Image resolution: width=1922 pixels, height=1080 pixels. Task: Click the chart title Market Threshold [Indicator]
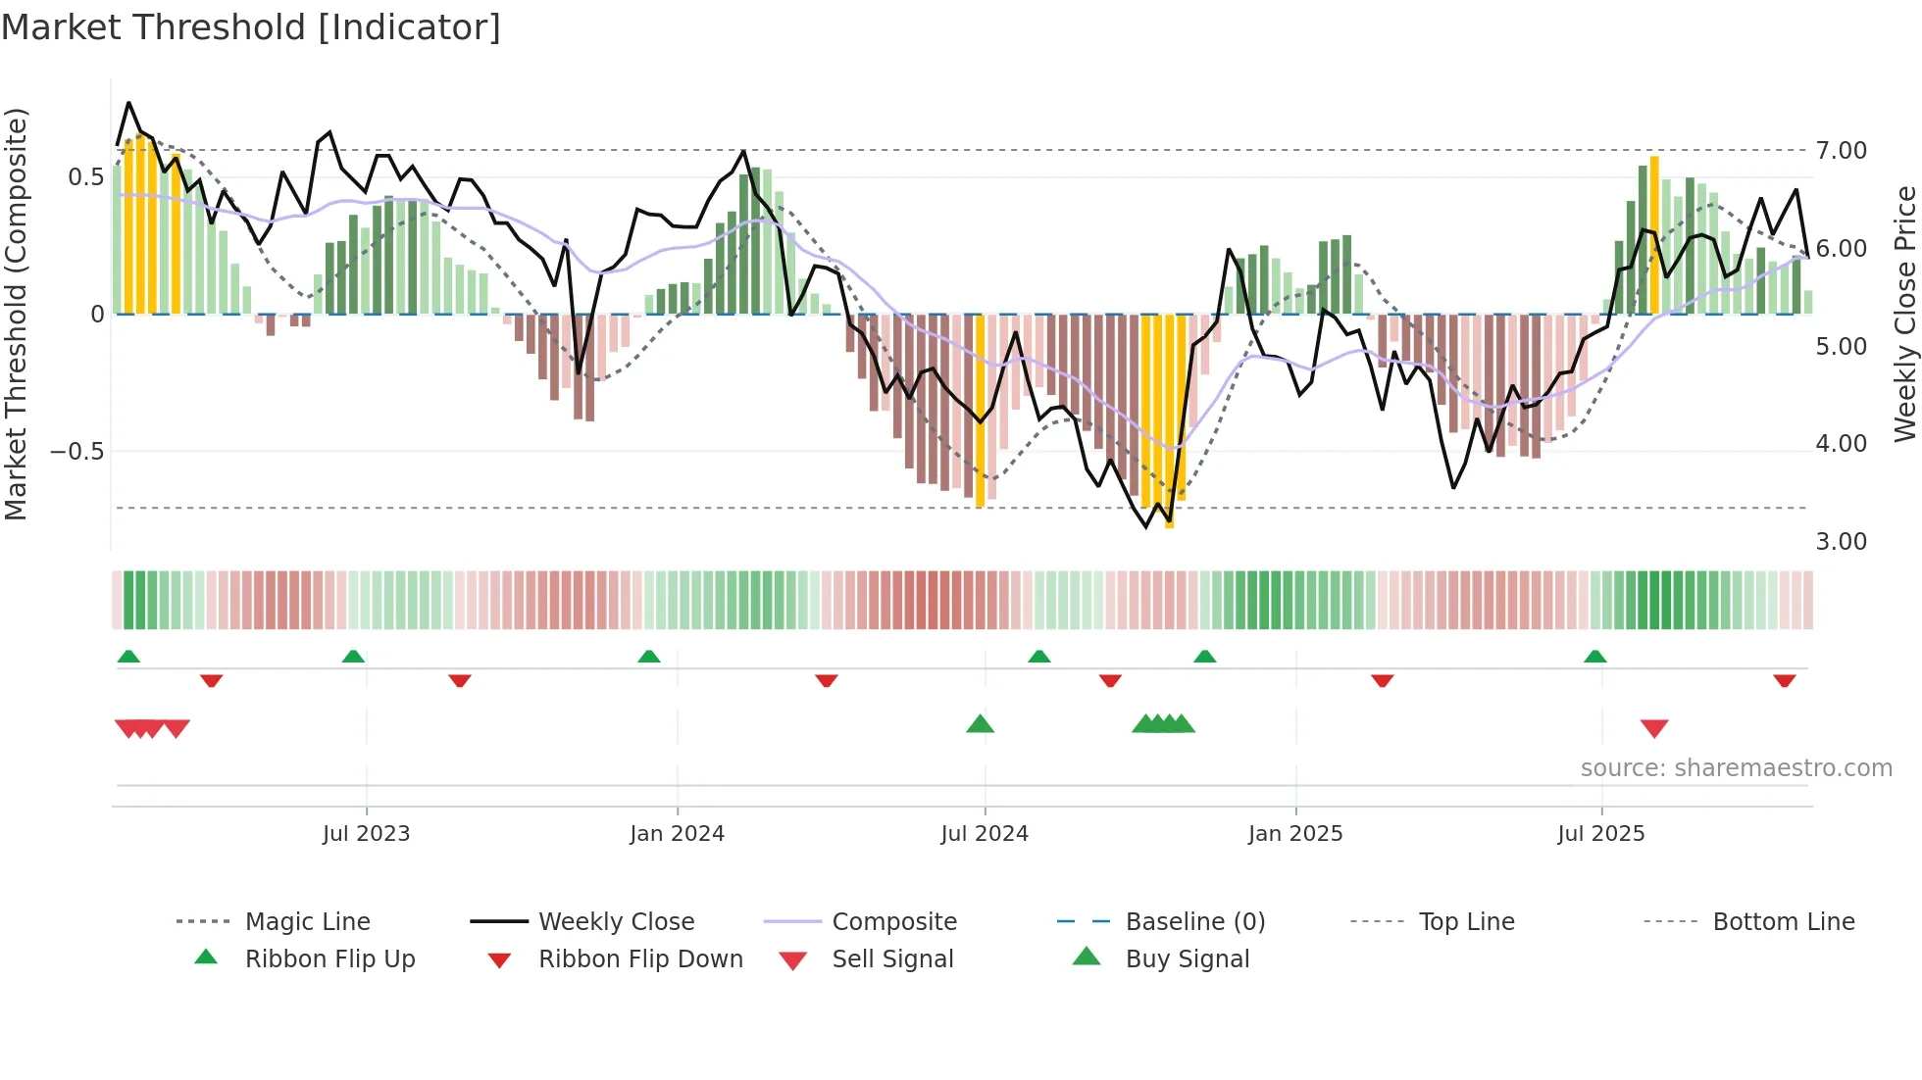point(251,27)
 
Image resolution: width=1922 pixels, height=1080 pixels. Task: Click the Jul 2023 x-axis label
point(366,834)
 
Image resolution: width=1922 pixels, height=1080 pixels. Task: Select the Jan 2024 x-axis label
point(677,834)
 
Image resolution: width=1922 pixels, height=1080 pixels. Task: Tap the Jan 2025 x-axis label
point(1294,834)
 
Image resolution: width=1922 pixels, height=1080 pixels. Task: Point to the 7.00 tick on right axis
point(1841,151)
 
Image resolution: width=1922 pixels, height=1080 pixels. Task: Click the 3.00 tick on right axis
point(1841,542)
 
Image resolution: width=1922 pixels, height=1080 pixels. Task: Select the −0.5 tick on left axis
point(77,452)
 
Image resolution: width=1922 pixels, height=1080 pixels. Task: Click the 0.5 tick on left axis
point(85,177)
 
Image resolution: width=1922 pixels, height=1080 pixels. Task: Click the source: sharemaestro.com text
point(1736,768)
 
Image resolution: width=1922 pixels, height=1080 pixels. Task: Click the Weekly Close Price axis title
point(1904,314)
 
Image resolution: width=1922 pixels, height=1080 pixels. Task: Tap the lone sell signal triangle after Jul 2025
point(1654,728)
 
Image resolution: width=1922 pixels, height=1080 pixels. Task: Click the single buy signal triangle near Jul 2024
point(980,724)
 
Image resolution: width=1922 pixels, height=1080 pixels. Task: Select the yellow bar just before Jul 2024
point(980,412)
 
